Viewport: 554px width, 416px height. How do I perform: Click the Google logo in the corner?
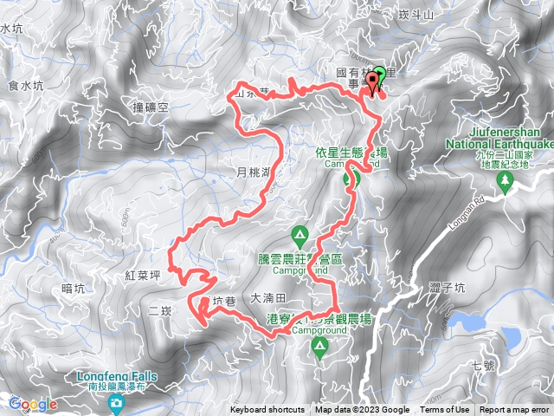(x=33, y=404)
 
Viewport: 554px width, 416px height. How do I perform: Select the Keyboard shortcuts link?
(x=267, y=410)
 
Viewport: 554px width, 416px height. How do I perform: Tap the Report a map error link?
(x=514, y=410)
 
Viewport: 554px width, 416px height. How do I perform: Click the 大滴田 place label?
(x=267, y=297)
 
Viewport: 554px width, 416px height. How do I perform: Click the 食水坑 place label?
(x=24, y=85)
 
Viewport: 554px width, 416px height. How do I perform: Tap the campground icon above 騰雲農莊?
(x=300, y=234)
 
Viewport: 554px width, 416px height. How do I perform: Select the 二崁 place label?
(x=162, y=309)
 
